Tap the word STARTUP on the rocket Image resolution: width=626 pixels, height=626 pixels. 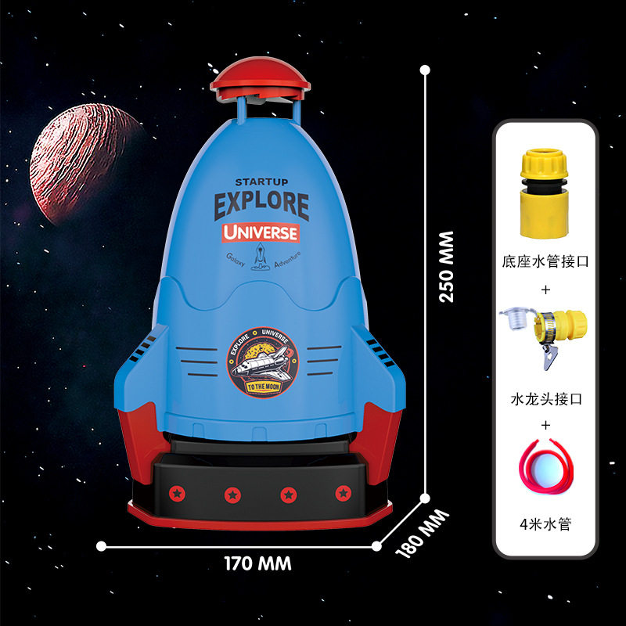(261, 182)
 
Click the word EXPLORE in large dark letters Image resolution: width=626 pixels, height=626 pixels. (261, 205)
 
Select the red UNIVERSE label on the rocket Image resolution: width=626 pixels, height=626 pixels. (260, 232)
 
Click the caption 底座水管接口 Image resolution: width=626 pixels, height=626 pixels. (545, 262)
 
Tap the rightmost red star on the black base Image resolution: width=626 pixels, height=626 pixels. (343, 493)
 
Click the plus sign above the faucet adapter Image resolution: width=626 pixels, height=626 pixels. (545, 290)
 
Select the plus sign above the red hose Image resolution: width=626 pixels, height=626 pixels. (545, 426)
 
